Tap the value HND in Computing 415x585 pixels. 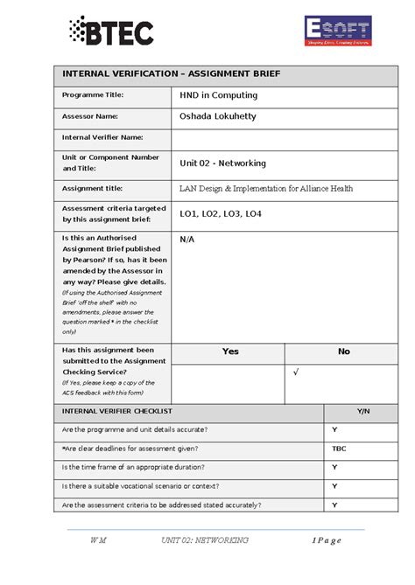219,95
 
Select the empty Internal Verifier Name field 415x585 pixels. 284,138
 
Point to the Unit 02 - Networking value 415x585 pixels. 222,164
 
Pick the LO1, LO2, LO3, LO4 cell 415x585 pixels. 221,213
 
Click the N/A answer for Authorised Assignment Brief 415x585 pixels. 187,239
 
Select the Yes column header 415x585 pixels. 229,352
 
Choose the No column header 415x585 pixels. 343,352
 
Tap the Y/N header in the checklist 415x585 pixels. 361,411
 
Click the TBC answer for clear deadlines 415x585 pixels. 339,449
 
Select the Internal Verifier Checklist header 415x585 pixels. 116,411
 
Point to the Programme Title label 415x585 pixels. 93,94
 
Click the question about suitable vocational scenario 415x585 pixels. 140,486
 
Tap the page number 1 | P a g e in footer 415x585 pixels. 326,540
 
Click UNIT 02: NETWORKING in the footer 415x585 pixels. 205,540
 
